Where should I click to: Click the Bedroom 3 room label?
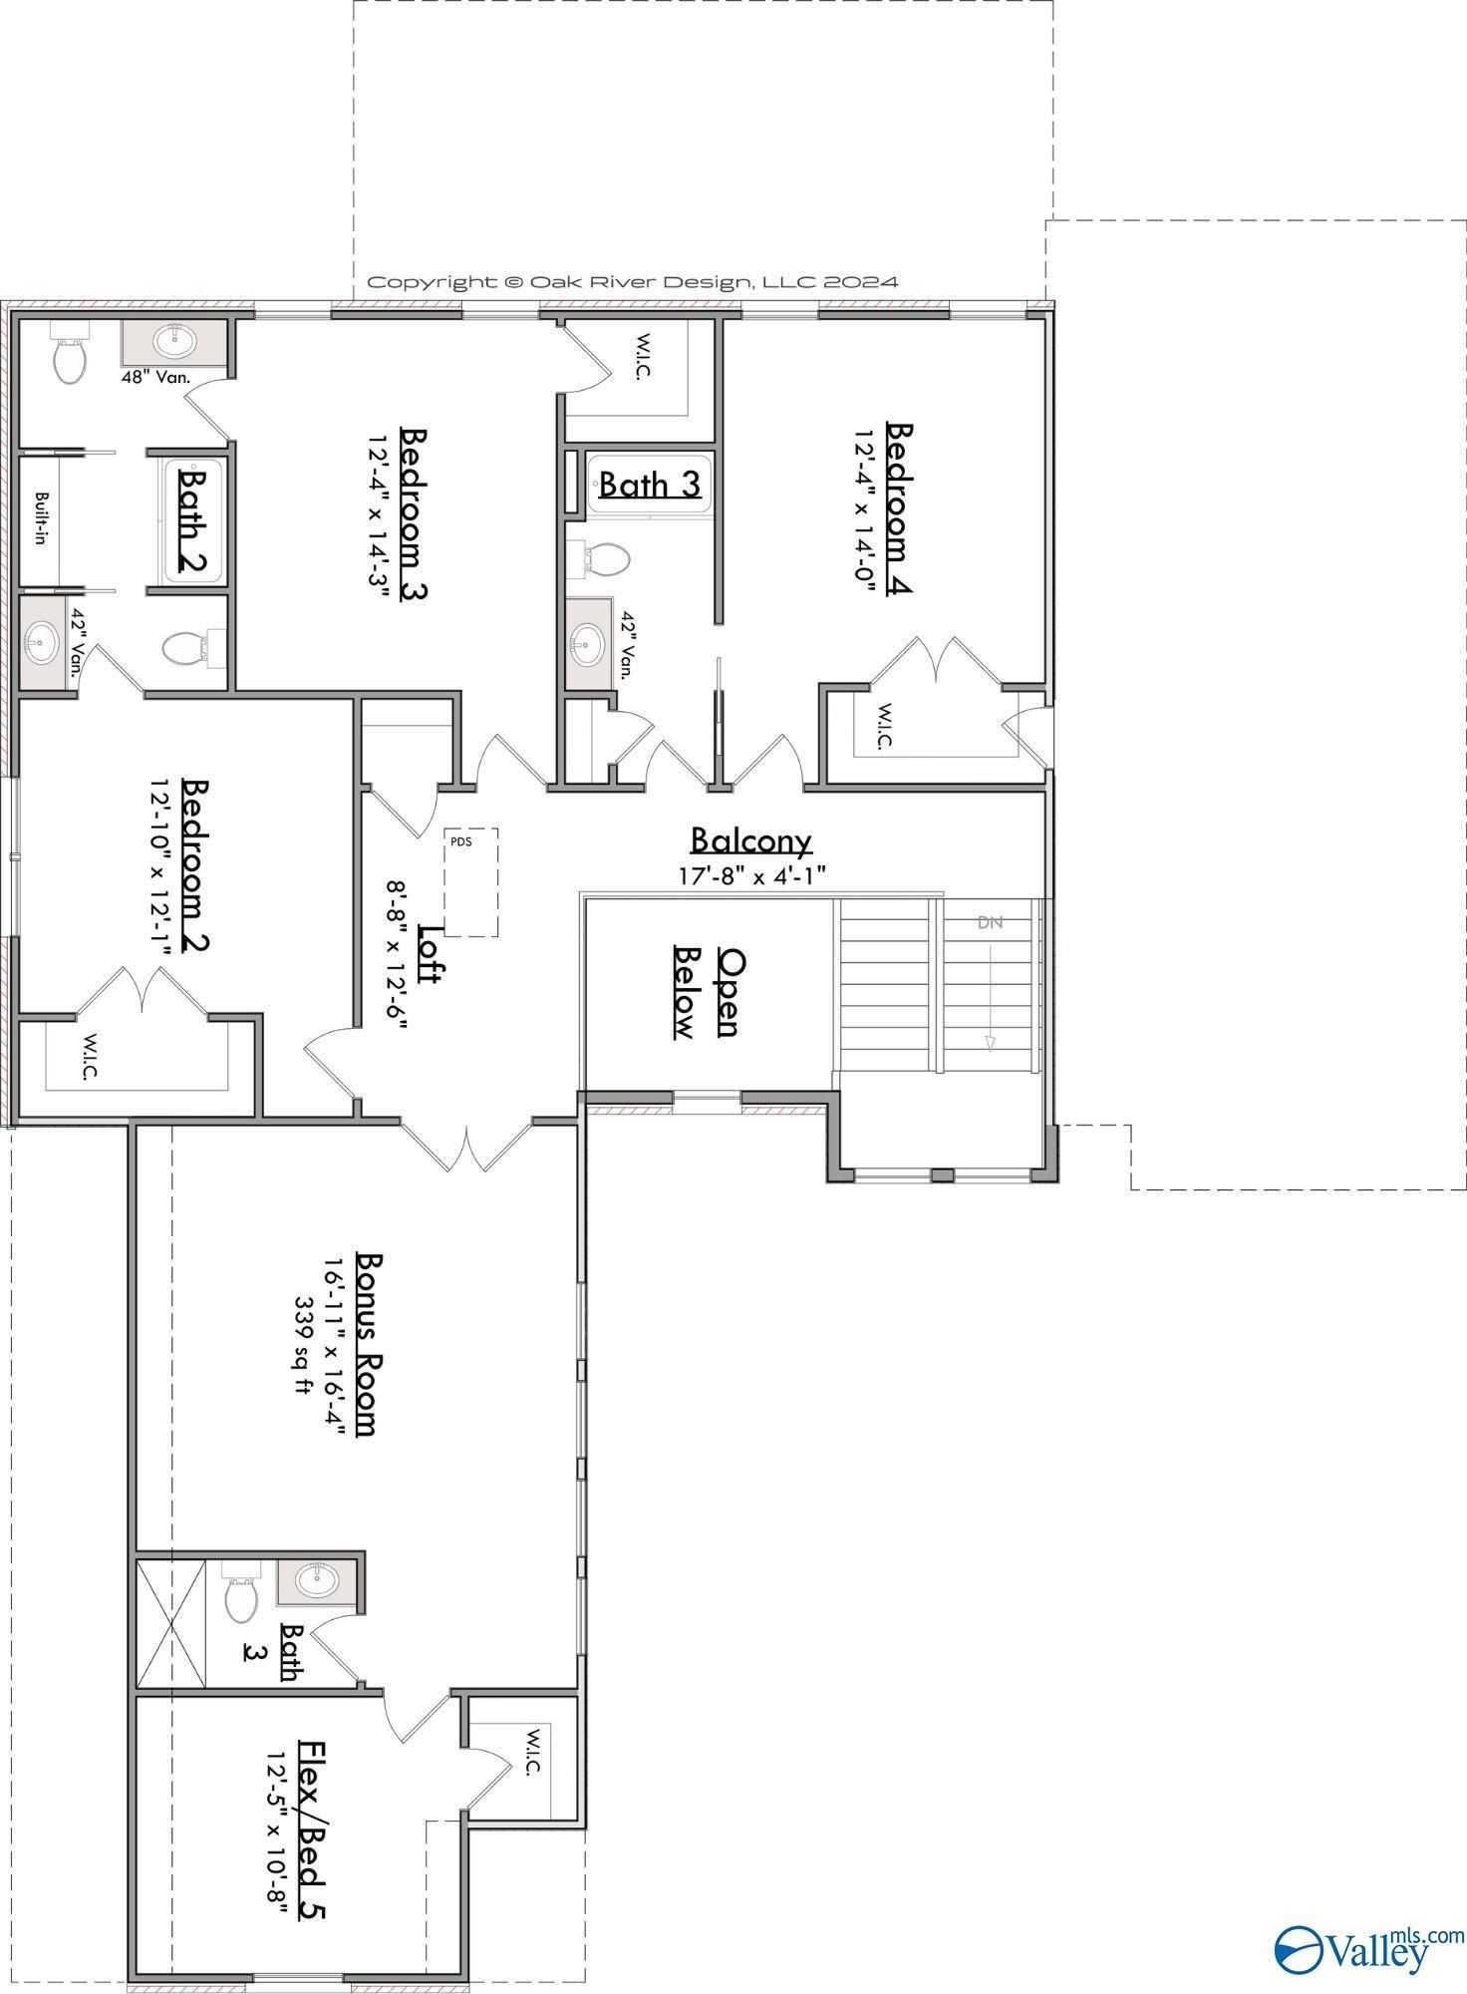(x=414, y=514)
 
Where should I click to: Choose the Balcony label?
(x=751, y=840)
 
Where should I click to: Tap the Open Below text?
(x=707, y=992)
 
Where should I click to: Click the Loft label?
(x=430, y=954)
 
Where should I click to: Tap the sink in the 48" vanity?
(x=173, y=342)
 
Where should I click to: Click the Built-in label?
(x=42, y=517)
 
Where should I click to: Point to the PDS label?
(x=460, y=840)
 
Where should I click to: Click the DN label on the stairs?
(x=990, y=922)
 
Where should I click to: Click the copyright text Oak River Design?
(x=633, y=282)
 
